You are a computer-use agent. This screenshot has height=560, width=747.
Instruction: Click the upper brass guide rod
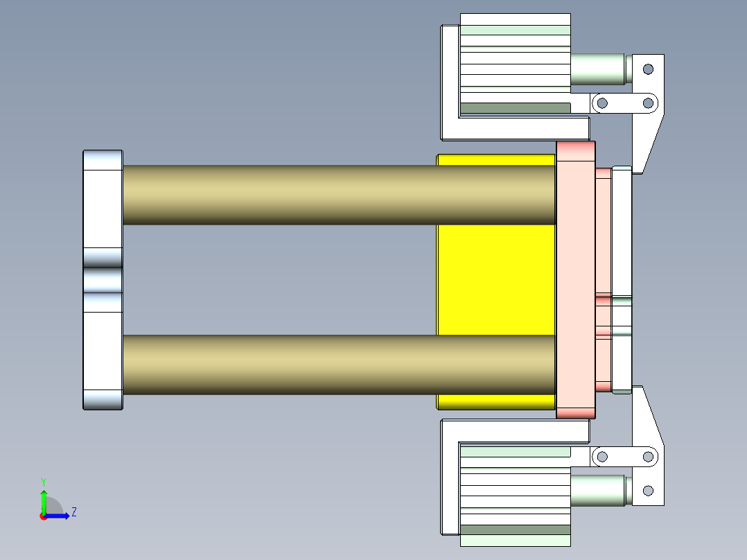point(340,195)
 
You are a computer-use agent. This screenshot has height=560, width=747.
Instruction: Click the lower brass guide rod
point(340,365)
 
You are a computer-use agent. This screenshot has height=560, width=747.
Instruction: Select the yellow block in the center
point(496,281)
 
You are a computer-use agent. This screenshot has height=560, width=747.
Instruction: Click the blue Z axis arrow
point(58,516)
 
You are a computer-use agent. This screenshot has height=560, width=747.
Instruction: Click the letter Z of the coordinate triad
point(73,512)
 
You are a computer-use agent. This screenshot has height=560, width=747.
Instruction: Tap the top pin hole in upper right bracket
point(648,69)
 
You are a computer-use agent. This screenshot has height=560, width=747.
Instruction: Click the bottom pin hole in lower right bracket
point(648,491)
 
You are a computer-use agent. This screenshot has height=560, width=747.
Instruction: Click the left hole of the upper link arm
point(602,103)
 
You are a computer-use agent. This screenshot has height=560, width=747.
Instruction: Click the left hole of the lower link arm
point(602,457)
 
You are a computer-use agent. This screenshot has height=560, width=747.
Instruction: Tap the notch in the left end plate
point(103,280)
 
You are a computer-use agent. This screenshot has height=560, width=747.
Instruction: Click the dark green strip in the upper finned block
point(515,108)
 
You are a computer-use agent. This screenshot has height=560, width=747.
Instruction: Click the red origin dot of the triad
point(43,516)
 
